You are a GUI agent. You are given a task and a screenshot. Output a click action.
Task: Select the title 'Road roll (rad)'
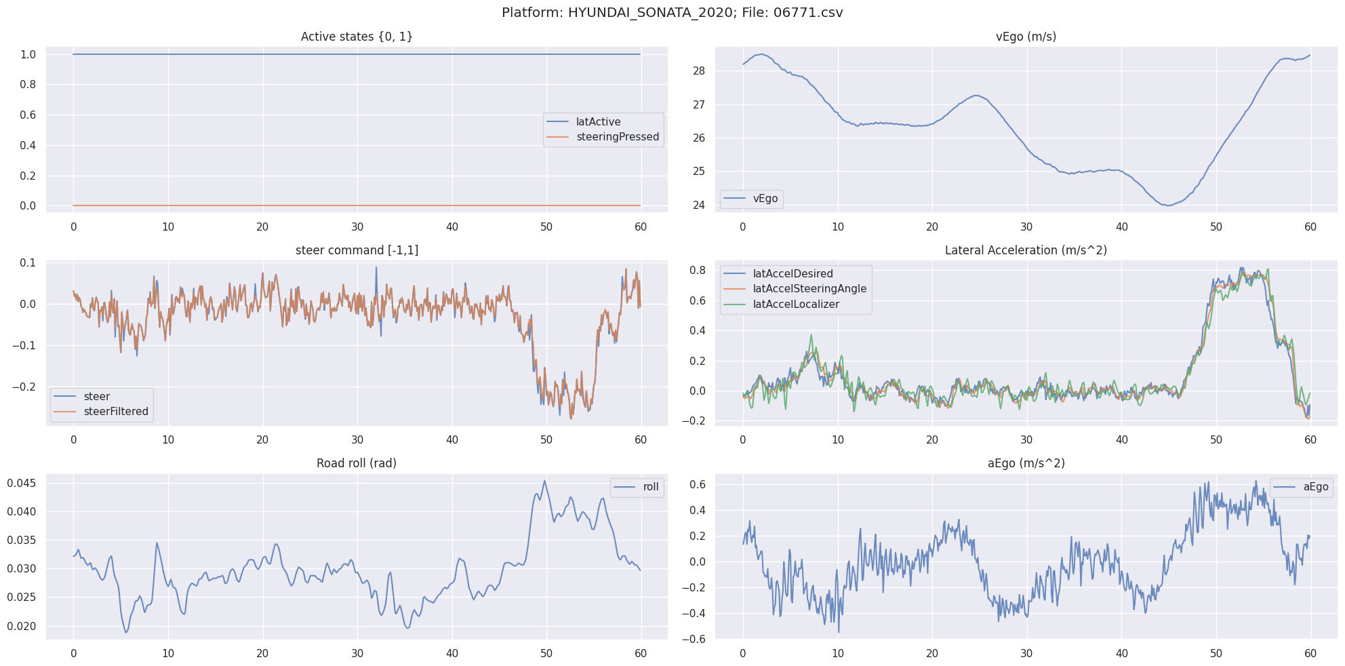click(x=357, y=463)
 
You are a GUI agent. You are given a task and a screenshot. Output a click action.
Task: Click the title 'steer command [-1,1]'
click(x=357, y=250)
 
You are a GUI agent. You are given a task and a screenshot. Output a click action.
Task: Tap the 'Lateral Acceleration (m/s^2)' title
click(x=1025, y=250)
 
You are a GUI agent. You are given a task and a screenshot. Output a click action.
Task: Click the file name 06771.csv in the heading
click(x=807, y=13)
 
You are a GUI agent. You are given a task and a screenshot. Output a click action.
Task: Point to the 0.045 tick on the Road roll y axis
click(x=22, y=483)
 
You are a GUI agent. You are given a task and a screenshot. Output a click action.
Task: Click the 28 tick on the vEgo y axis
click(x=699, y=71)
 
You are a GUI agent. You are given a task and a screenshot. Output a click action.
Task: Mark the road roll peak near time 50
click(x=544, y=481)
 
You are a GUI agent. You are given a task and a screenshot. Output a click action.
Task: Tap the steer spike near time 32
click(x=376, y=267)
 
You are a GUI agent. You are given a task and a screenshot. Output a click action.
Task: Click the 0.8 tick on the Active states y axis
click(x=28, y=85)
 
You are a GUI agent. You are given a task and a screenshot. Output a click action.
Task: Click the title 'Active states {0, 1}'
click(x=357, y=37)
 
